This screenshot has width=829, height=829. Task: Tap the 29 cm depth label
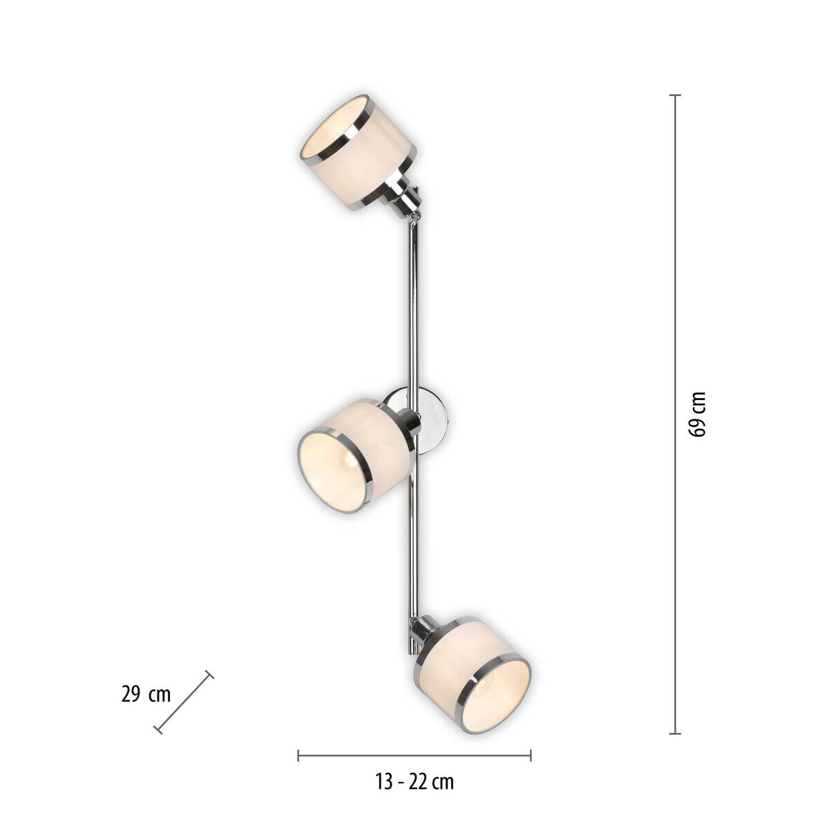[146, 694]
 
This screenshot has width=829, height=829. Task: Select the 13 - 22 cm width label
[414, 782]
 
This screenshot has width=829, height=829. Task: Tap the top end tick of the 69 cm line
[676, 95]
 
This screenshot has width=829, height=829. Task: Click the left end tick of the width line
[298, 755]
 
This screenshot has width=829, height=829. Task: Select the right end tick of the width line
[531, 755]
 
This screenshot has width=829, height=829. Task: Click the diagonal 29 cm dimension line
[184, 702]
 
